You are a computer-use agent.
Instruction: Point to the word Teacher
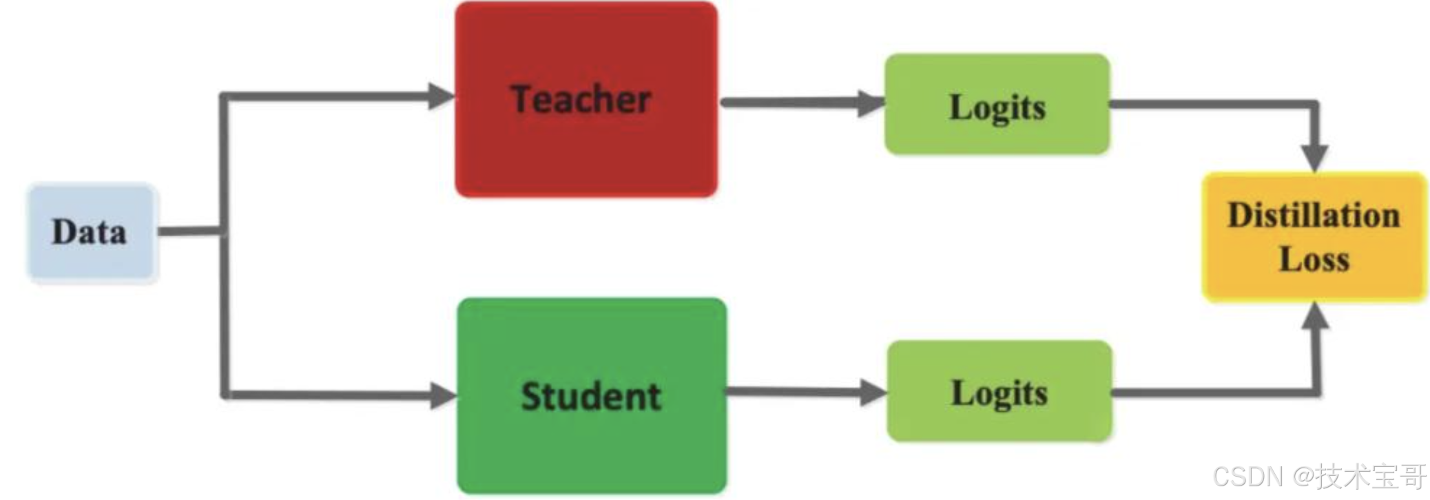click(x=581, y=100)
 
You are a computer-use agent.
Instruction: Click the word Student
click(x=591, y=397)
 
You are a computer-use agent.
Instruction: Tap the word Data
click(x=90, y=232)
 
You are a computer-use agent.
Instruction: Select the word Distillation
click(x=1314, y=216)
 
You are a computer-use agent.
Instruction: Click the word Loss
click(x=1314, y=260)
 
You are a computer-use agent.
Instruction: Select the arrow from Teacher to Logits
click(x=792, y=103)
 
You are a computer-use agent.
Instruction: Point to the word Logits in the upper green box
click(x=997, y=108)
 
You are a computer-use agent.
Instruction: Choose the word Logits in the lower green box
click(x=999, y=394)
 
